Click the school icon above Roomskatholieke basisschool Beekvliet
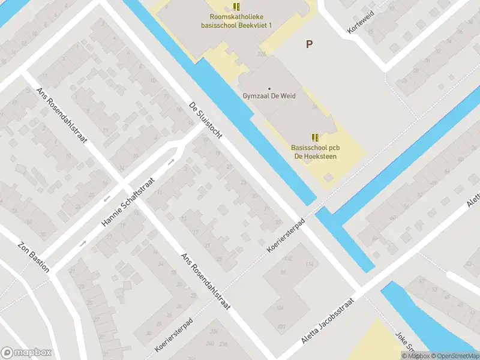point(237,7)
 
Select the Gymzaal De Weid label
point(269,96)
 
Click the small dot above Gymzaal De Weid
point(269,88)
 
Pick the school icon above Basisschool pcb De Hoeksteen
point(315,137)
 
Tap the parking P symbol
point(310,44)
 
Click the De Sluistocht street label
point(205,119)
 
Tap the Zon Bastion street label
point(34,257)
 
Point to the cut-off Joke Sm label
point(405,343)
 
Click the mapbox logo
point(26,353)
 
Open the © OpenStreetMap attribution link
point(455,356)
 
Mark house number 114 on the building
point(310,264)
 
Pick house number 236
point(223,344)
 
